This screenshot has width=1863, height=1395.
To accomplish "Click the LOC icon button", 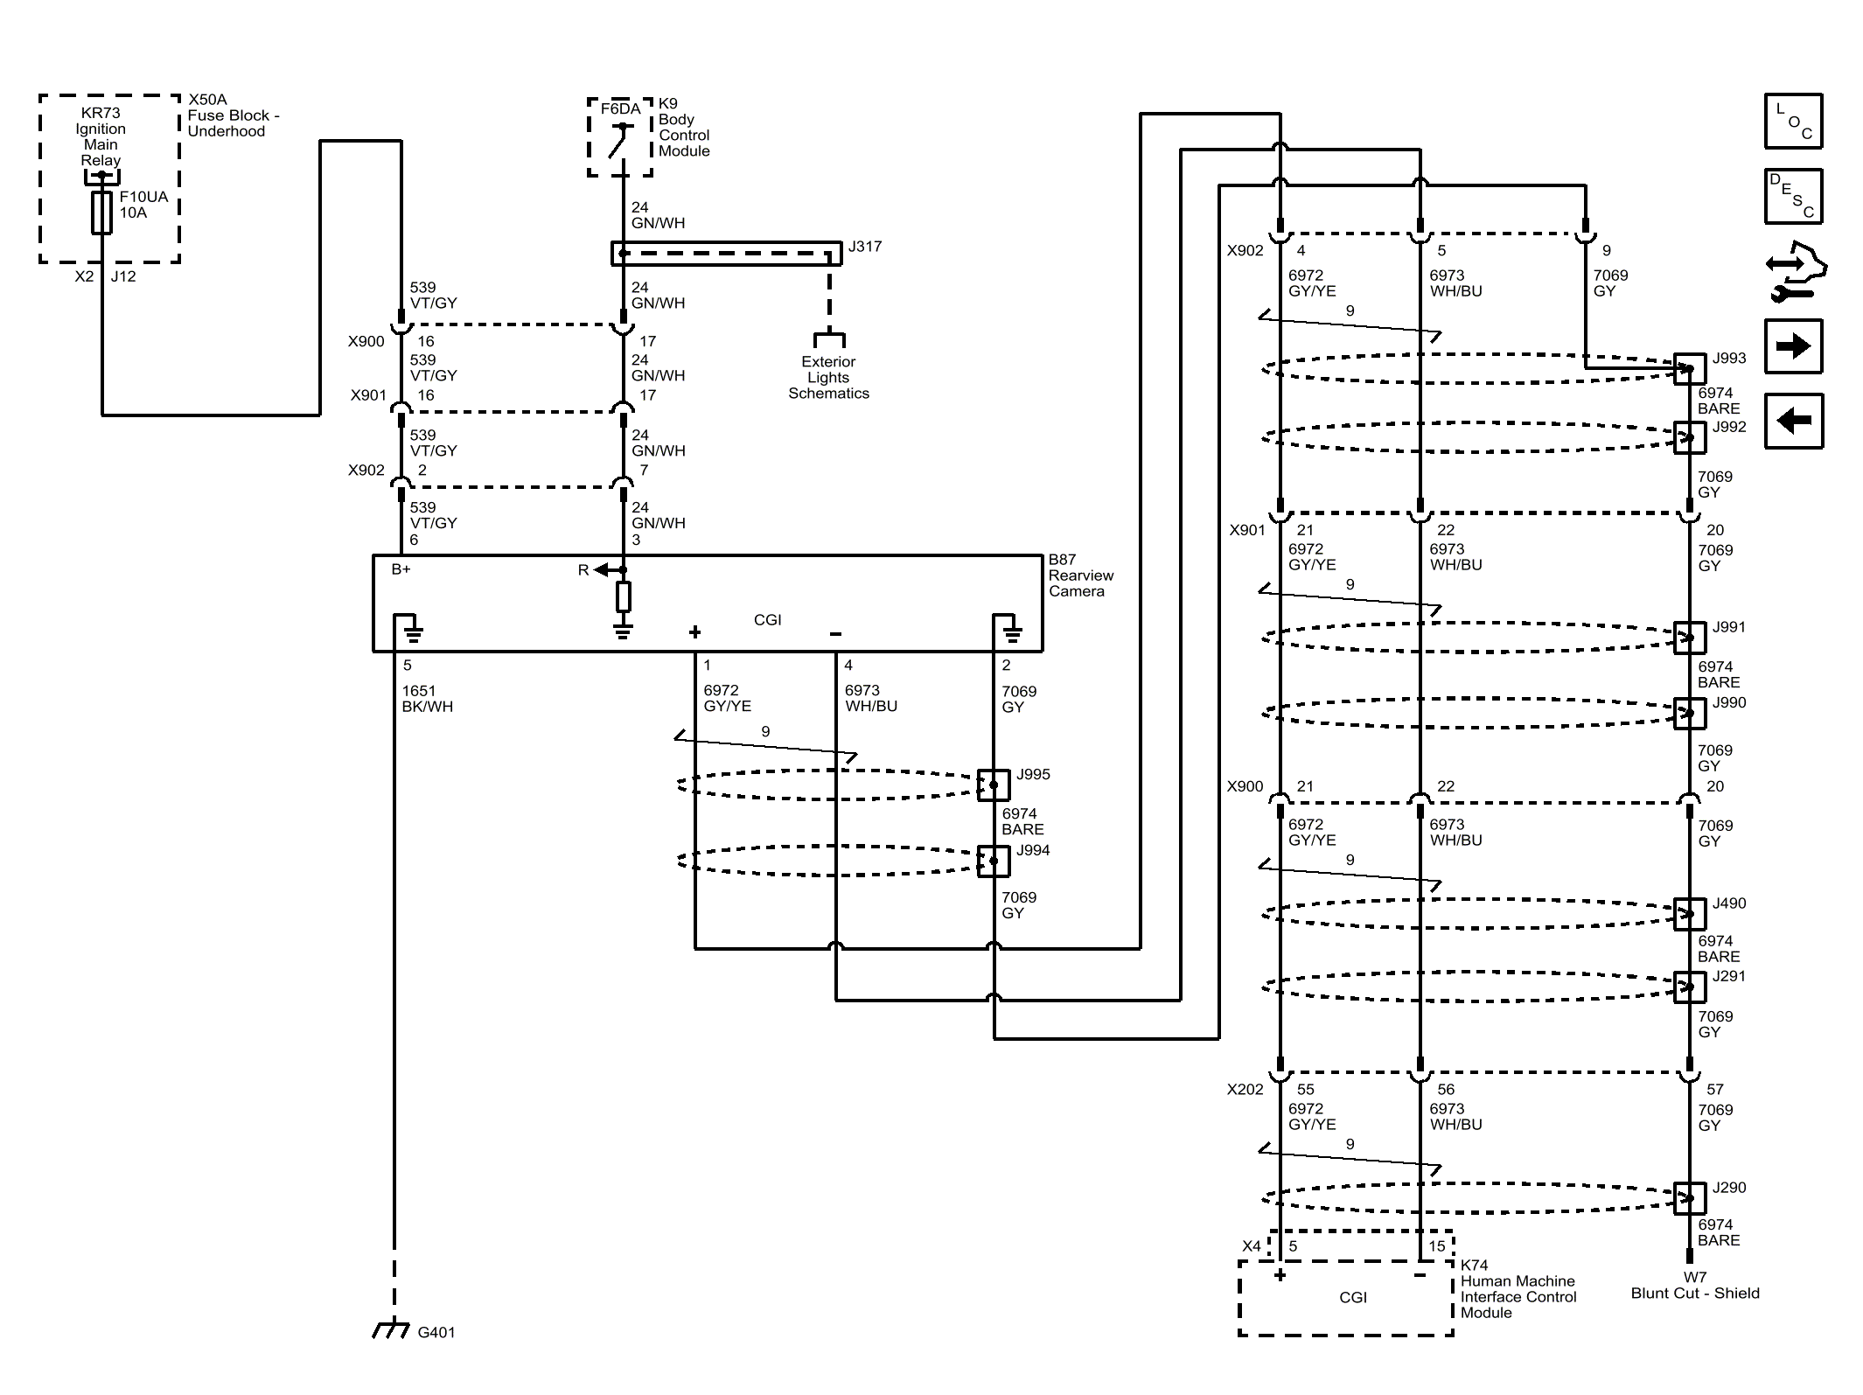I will (1793, 121).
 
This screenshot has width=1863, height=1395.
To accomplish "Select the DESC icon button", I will (1793, 196).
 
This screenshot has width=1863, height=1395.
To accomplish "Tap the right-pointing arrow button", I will (1793, 346).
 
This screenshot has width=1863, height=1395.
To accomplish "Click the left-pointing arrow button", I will (1793, 421).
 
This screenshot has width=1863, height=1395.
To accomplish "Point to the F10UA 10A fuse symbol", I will (101, 213).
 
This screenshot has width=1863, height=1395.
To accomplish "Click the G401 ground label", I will (436, 1333).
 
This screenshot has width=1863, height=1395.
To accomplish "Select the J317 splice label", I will (865, 247).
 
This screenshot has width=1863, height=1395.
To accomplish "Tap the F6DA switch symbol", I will (621, 140).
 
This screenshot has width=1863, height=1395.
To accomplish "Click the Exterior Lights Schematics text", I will (828, 378).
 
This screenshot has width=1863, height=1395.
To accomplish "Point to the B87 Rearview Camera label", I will (1080, 575).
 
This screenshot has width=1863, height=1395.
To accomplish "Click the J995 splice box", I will (993, 785).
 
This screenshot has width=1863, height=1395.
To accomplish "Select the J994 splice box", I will (993, 861).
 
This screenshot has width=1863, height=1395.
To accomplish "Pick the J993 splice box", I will (1689, 369).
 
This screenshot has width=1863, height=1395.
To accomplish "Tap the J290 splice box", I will (1689, 1198).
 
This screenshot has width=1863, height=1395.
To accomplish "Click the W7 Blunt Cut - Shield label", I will (1694, 1286).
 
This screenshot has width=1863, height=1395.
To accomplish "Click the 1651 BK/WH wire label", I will (427, 699).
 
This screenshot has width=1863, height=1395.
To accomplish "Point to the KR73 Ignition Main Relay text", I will (101, 136).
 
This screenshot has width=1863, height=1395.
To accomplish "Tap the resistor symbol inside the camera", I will (623, 596).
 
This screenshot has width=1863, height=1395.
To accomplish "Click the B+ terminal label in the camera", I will (401, 569).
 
